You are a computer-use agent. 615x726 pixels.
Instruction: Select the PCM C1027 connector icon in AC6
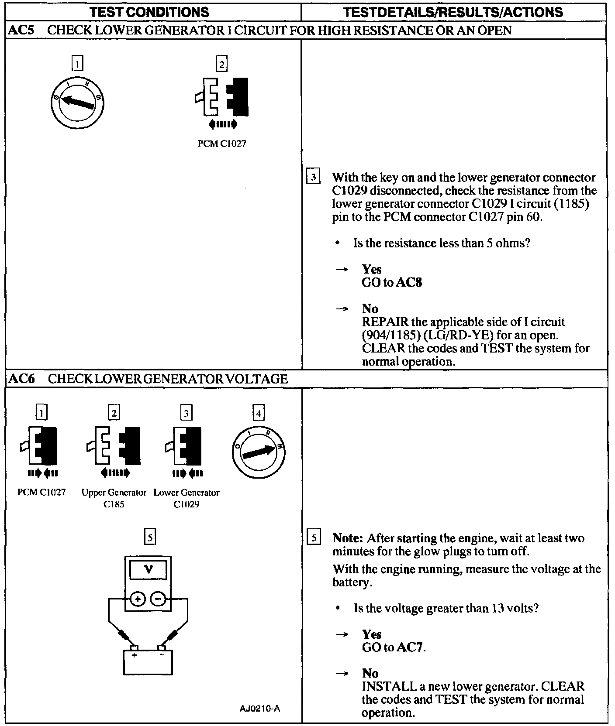pos(41,445)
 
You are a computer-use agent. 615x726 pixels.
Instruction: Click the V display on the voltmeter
pos(149,570)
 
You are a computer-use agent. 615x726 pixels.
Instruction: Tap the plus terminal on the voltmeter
pos(138,599)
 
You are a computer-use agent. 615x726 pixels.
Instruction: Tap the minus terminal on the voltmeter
pos(158,599)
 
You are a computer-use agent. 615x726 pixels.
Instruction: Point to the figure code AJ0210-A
pos(260,708)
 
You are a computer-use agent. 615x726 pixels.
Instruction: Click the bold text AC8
pos(409,283)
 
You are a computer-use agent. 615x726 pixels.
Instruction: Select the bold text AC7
pos(410,647)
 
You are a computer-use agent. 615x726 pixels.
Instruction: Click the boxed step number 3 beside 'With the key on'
pos(314,178)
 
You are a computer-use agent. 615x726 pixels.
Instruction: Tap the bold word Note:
pos(348,538)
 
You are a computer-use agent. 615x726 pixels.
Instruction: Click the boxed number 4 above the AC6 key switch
pos(259,413)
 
